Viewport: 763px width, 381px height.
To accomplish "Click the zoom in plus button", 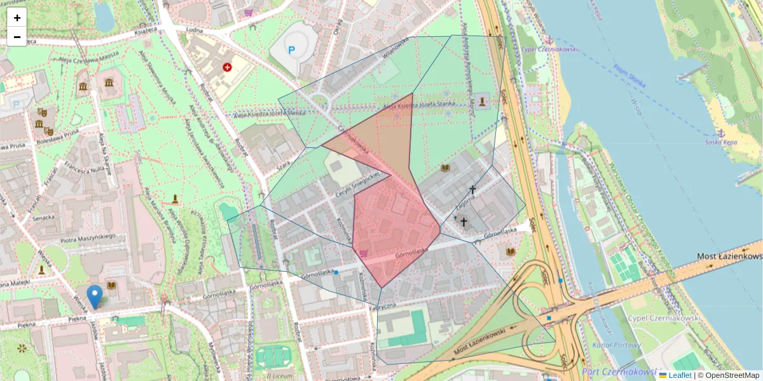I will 17,18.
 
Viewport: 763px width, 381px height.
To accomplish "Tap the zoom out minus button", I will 17,37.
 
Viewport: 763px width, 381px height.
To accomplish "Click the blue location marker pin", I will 95,296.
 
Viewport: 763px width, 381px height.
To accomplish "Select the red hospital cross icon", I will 227,67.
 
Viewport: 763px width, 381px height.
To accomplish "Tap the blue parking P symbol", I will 292,50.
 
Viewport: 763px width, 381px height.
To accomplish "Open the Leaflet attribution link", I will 680,375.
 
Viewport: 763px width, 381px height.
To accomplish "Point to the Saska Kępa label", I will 721,142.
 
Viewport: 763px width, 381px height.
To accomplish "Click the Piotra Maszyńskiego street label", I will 88,237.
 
